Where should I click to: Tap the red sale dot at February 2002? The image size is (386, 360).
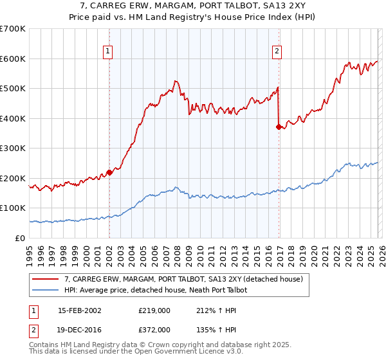click(109, 172)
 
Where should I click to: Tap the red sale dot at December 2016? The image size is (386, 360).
click(279, 127)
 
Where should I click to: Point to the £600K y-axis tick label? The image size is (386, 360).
click(13, 59)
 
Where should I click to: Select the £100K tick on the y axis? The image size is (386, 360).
click(13, 208)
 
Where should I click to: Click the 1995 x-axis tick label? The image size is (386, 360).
click(30, 251)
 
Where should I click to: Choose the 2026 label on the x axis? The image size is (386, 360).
click(381, 251)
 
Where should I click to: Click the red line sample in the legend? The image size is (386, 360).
click(46, 279)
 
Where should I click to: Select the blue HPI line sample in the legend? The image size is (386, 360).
click(46, 290)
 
